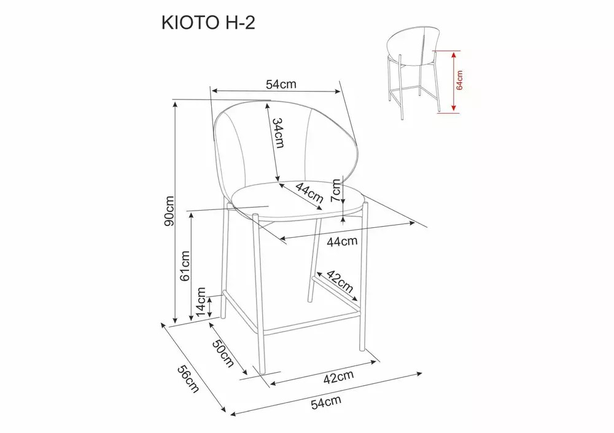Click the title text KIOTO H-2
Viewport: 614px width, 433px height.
click(208, 23)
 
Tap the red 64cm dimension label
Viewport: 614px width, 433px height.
click(459, 80)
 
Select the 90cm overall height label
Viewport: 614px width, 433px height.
click(169, 211)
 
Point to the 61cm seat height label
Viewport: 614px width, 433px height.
click(185, 266)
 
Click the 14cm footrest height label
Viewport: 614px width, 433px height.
click(201, 302)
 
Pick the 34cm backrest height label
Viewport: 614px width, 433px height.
click(278, 133)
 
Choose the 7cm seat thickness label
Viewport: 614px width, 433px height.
click(336, 190)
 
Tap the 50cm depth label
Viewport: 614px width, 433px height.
click(223, 353)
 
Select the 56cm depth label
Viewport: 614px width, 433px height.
click(188, 378)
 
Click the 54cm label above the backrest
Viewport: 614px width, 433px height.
click(281, 84)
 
